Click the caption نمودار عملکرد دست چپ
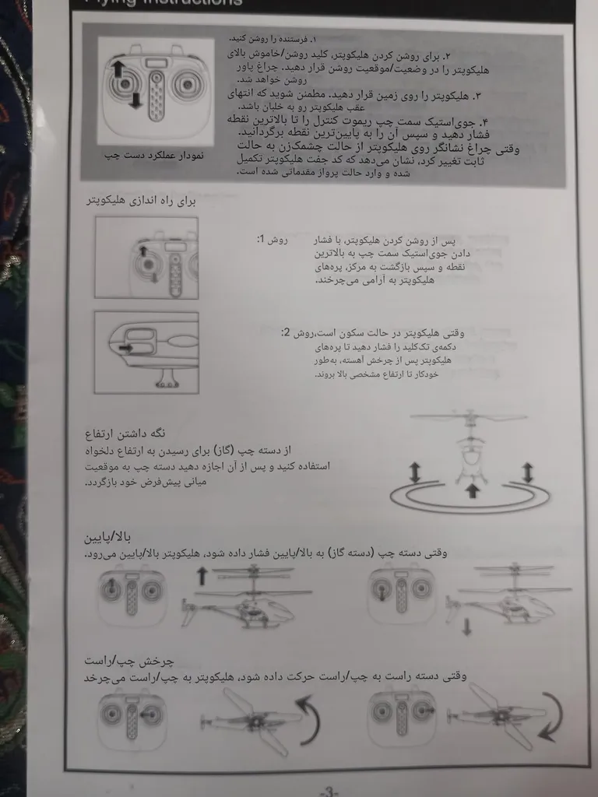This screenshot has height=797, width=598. [154, 156]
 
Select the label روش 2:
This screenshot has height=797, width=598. [297, 332]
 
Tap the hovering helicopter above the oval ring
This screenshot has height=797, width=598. [470, 451]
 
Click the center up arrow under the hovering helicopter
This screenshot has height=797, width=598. [471, 490]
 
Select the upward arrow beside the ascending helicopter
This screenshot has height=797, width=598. [202, 576]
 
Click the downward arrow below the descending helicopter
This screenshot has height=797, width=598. [466, 626]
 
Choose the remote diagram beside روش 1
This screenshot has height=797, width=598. [146, 258]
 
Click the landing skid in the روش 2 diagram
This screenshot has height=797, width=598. [165, 379]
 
